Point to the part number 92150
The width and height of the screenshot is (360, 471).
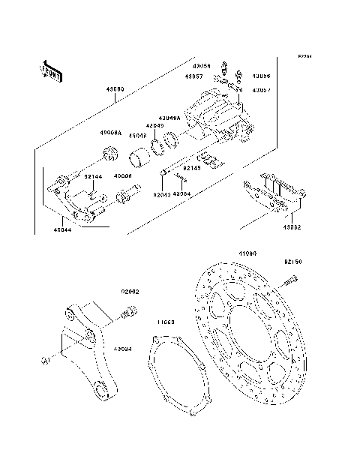[292, 262]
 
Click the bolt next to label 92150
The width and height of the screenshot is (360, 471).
[289, 283]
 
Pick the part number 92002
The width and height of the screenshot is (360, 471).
[130, 292]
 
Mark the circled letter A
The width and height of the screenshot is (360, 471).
[46, 360]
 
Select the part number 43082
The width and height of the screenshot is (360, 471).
[293, 226]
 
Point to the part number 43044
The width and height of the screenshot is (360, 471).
[63, 229]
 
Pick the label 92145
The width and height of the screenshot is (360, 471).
[193, 168]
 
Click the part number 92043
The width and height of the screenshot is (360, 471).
[161, 193]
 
